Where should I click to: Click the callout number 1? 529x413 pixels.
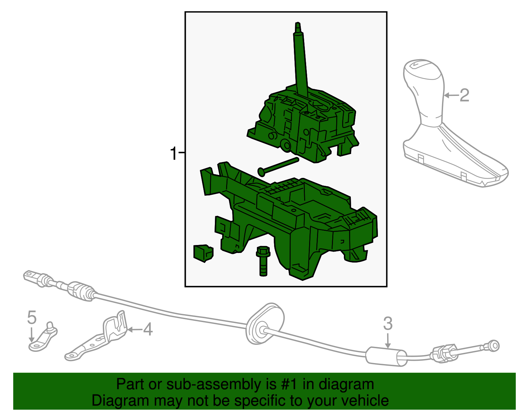coord(174,154)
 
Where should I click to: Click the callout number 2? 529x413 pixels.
coord(464,96)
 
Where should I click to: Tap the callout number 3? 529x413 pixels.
coord(388,324)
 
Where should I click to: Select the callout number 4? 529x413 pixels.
coord(147,330)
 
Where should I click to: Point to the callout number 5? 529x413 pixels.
coord(32,318)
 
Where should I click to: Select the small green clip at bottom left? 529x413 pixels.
coord(203,253)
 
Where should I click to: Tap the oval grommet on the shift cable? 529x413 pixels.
coord(265,323)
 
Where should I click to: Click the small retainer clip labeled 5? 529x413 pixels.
coord(43,339)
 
